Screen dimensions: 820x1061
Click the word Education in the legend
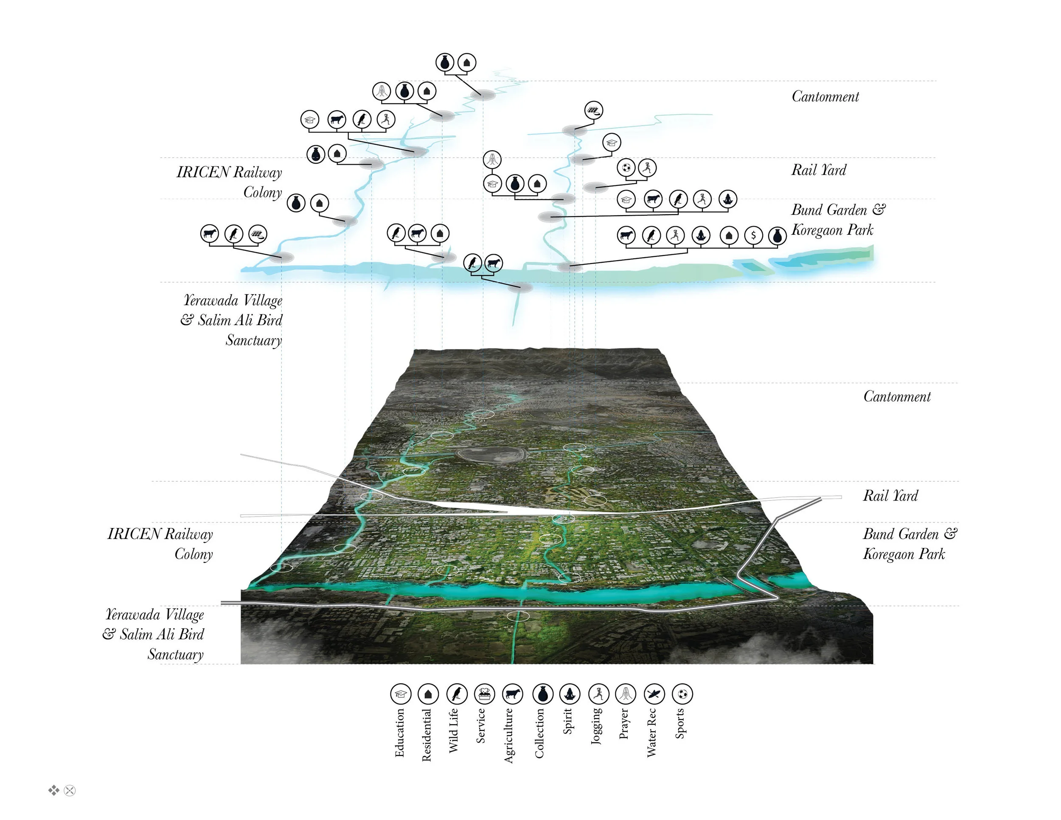[x=399, y=732]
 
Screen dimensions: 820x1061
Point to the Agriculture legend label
[x=508, y=735]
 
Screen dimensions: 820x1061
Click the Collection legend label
[x=539, y=733]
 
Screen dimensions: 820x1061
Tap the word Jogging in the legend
[x=597, y=726]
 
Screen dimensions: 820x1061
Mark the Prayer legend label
[x=624, y=723]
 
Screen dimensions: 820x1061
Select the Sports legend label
[x=679, y=723]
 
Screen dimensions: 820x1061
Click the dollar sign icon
[x=753, y=236]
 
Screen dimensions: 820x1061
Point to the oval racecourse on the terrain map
[x=493, y=455]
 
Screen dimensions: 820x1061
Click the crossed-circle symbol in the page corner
[x=70, y=790]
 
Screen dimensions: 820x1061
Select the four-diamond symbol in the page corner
[x=53, y=790]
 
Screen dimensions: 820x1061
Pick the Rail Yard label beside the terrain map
[x=890, y=495]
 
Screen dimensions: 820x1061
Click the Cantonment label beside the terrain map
[x=897, y=396]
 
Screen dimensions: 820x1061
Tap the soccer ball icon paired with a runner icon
[x=626, y=168]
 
